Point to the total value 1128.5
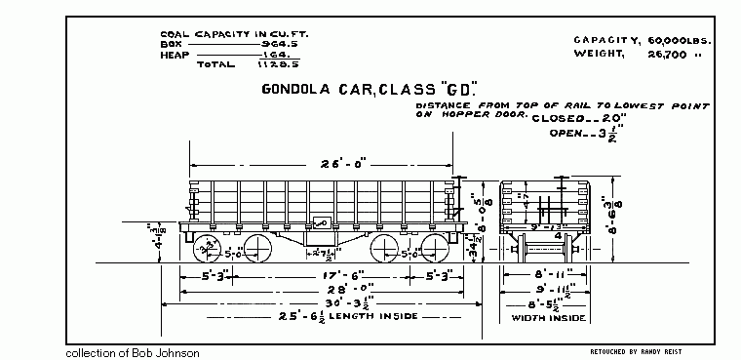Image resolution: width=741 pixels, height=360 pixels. pos(262,65)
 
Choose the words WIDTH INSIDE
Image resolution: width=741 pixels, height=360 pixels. pos(550,318)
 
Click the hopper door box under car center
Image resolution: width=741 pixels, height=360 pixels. pos(320,235)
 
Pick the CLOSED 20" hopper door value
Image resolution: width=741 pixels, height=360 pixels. pos(588,117)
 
